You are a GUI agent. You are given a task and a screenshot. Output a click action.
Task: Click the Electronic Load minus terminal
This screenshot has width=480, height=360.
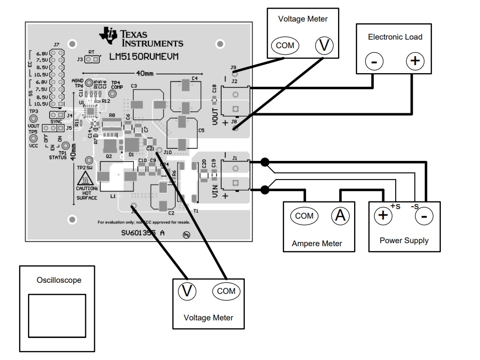tap(374, 62)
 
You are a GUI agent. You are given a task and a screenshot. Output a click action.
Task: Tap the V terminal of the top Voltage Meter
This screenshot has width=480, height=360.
tap(325, 46)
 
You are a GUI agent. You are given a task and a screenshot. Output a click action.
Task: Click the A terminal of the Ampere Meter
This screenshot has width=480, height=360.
tap(340, 216)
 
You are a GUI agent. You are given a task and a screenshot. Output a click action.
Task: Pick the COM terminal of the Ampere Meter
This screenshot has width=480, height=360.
tap(304, 216)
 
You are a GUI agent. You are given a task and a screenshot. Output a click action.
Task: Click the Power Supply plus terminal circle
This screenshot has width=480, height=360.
tap(383, 216)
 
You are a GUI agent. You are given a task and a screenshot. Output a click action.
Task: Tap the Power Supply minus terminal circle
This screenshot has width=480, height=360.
tap(424, 217)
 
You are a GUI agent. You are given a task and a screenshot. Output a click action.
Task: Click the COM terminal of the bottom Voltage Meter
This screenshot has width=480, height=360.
tap(226, 291)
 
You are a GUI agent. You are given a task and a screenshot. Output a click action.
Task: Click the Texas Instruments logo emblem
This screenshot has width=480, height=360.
tap(108, 35)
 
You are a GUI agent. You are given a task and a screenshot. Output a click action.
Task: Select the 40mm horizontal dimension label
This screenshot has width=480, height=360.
tap(145, 73)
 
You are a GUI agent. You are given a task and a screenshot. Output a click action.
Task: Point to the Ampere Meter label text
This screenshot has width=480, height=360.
tap(317, 244)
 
